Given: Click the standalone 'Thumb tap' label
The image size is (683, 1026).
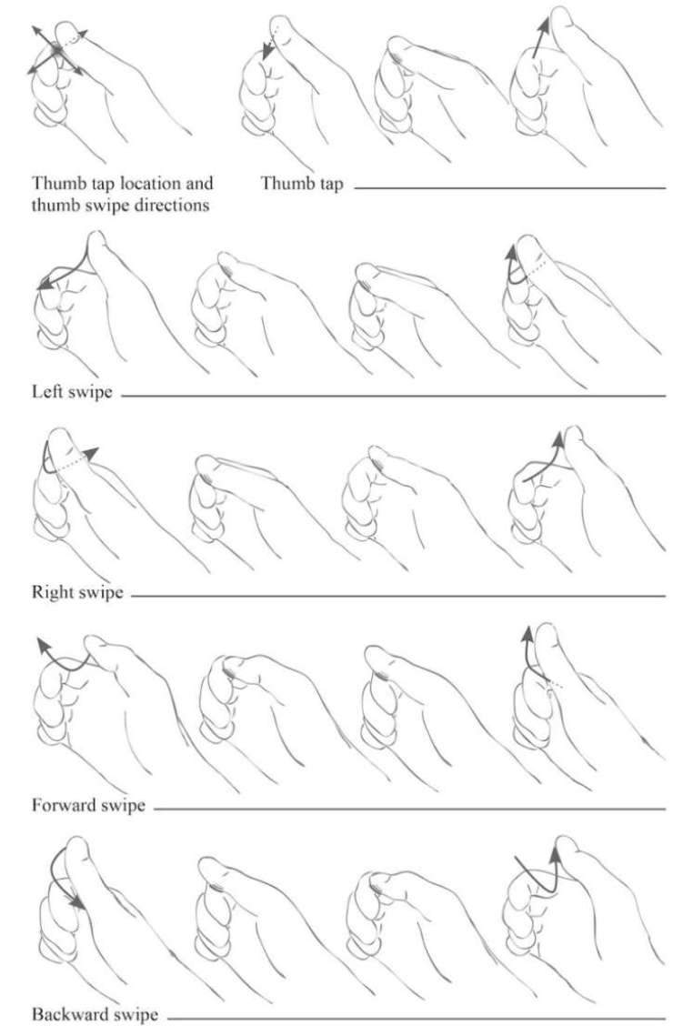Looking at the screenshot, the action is [x=302, y=184].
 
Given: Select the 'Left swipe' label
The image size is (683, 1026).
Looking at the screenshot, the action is [x=72, y=393].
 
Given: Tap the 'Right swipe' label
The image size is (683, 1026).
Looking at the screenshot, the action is [x=77, y=593].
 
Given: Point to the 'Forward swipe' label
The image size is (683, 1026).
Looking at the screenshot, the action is [x=88, y=805].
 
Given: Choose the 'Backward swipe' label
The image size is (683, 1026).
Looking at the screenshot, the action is [x=95, y=1014].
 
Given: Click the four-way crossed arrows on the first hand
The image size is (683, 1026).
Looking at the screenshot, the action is [x=57, y=50].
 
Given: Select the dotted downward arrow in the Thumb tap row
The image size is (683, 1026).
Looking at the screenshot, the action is [x=269, y=45].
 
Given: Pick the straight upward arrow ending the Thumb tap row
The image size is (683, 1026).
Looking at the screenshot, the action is [x=540, y=38].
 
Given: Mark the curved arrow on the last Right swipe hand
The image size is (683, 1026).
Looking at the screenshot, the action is [x=544, y=462].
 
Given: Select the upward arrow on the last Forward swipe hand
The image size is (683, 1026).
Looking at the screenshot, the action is [x=528, y=654].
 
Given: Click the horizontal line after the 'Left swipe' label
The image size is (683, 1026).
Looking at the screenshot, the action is [x=393, y=396].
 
